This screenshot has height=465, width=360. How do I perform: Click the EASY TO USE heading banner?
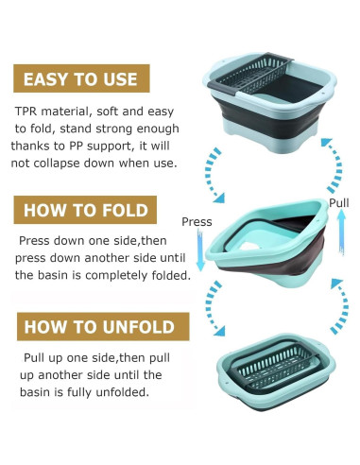[x=81, y=78]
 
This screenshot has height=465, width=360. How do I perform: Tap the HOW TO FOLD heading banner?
[x=85, y=210]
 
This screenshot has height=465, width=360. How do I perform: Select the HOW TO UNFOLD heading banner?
[x=103, y=326]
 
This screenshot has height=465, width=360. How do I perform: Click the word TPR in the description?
[x=26, y=112]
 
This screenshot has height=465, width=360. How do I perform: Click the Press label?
[x=197, y=222]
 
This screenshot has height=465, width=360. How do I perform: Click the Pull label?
[x=339, y=203]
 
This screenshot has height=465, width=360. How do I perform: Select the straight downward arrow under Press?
[x=200, y=250]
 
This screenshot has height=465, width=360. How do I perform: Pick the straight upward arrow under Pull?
[x=341, y=232]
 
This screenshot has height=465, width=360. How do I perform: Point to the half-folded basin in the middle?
[x=267, y=243]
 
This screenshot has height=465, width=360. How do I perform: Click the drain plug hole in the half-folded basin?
[x=249, y=246]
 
